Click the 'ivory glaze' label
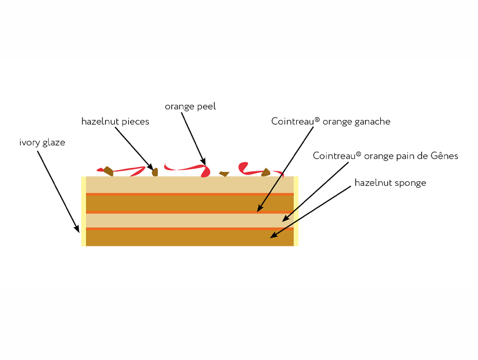click(42, 142)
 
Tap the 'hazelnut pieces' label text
click(115, 122)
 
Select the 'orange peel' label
click(190, 106)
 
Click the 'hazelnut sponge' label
click(390, 183)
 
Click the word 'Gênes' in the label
click(443, 156)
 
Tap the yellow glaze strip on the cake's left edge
click(84, 211)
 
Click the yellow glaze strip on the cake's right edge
click(296, 211)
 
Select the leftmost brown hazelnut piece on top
click(108, 171)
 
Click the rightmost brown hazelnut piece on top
click(266, 172)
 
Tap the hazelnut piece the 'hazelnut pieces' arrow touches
click(155, 172)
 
